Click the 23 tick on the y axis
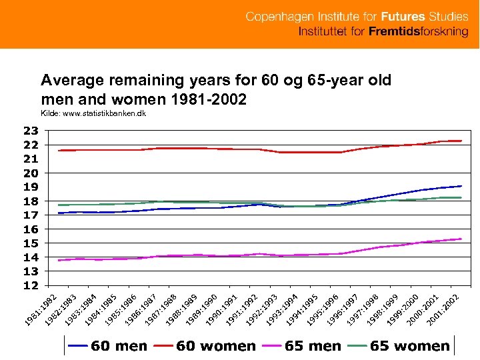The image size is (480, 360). coord(30,130)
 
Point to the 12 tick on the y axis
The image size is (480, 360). coord(30,286)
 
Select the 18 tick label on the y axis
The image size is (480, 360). coord(30,201)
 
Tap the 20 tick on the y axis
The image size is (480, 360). coord(30,173)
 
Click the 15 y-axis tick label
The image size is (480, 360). coord(30,243)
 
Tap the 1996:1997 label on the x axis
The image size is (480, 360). coord(343,309)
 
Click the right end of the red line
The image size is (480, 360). coord(461,141)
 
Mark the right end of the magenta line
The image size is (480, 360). coord(461,239)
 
